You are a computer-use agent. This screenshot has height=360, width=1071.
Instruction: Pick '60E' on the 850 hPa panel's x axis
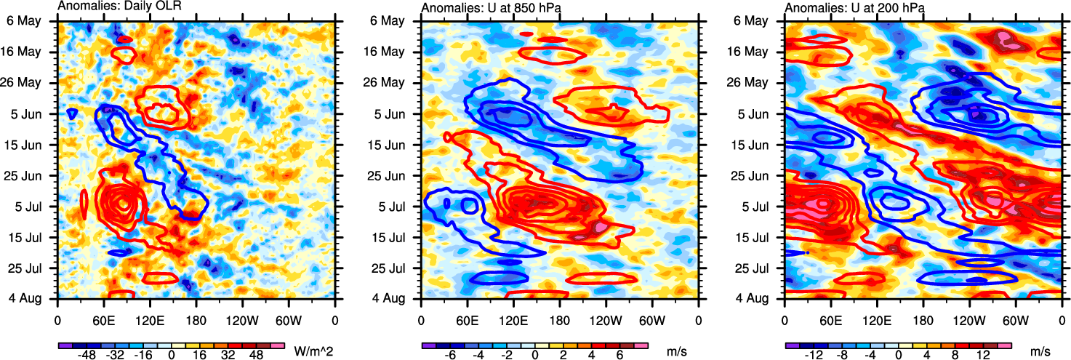point(466,319)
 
